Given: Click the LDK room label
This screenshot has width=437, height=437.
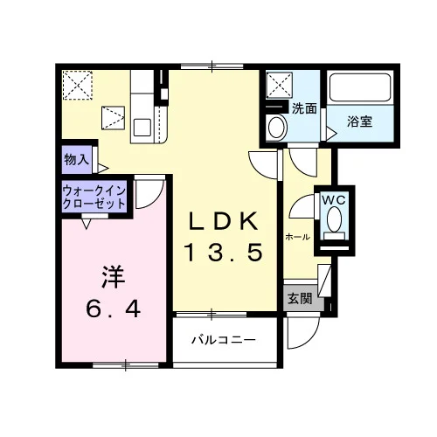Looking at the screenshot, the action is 224,221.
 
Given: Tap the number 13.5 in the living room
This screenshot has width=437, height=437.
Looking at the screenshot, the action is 224,253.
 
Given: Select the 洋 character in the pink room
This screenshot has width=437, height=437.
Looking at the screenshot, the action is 114,276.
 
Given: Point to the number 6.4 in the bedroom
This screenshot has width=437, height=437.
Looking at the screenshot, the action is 114,309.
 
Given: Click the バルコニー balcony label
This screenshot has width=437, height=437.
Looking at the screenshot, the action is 224,340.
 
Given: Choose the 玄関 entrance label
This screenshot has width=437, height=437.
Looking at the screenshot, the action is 300,299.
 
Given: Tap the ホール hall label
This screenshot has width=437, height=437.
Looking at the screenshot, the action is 297,237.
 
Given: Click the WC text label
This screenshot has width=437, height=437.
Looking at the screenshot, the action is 334,200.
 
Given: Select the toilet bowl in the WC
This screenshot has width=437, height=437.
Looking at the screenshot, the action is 334,219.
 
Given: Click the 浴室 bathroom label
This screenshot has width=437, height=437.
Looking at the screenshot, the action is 360,121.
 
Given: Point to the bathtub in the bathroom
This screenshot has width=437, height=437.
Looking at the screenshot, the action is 360,87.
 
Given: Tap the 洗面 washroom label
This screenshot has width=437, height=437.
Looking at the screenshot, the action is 304,108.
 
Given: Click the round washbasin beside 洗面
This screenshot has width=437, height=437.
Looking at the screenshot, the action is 276,128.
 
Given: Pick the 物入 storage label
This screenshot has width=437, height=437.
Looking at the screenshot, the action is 77,159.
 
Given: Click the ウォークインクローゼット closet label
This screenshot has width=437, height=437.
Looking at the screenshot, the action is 94,198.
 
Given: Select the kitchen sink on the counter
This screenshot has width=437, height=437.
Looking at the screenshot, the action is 142,128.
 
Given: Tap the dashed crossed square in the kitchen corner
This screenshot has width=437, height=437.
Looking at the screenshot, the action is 78,85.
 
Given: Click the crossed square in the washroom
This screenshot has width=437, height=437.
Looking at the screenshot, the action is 280,85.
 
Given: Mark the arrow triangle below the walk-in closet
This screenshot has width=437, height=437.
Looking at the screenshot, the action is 87,224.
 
